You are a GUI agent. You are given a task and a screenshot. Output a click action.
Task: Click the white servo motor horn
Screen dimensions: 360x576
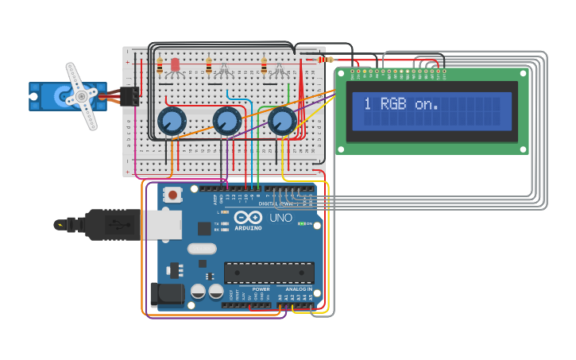tap(81, 96)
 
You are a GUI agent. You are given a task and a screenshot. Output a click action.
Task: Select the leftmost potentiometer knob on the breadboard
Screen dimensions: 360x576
tap(171, 122)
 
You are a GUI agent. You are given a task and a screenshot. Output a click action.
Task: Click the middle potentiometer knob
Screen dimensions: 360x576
tap(226, 122)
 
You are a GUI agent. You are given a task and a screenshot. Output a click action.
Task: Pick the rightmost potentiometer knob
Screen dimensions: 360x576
tap(281, 122)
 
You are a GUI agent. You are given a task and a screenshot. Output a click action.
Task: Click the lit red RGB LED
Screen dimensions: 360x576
tap(176, 65)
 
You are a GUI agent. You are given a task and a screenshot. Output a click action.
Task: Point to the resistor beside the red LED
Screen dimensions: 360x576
tap(160, 65)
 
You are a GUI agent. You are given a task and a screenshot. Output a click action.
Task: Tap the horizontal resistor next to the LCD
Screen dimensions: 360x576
tap(327, 60)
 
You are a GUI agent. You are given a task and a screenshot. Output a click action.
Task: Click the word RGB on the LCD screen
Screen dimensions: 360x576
tap(395, 103)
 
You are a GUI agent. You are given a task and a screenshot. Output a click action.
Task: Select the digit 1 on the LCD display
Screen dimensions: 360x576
tap(367, 103)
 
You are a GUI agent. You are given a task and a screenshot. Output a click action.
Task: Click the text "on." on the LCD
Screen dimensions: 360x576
tap(427, 104)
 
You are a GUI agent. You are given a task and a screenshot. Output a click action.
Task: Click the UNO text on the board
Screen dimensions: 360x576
tap(281, 218)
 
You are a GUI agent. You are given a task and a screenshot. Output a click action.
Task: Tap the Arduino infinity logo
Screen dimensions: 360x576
tap(247, 218)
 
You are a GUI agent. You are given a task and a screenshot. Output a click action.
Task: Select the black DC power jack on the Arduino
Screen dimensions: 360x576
tap(168, 294)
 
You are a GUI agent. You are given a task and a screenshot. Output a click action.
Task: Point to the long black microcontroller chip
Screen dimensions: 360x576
tap(268, 273)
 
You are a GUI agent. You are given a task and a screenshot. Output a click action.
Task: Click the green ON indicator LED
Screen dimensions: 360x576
tap(301, 223)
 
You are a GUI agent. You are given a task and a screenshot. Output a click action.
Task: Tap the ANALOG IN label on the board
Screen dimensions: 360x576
tap(294, 288)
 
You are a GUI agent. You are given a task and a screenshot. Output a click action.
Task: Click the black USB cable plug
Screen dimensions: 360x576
tap(111, 224)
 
